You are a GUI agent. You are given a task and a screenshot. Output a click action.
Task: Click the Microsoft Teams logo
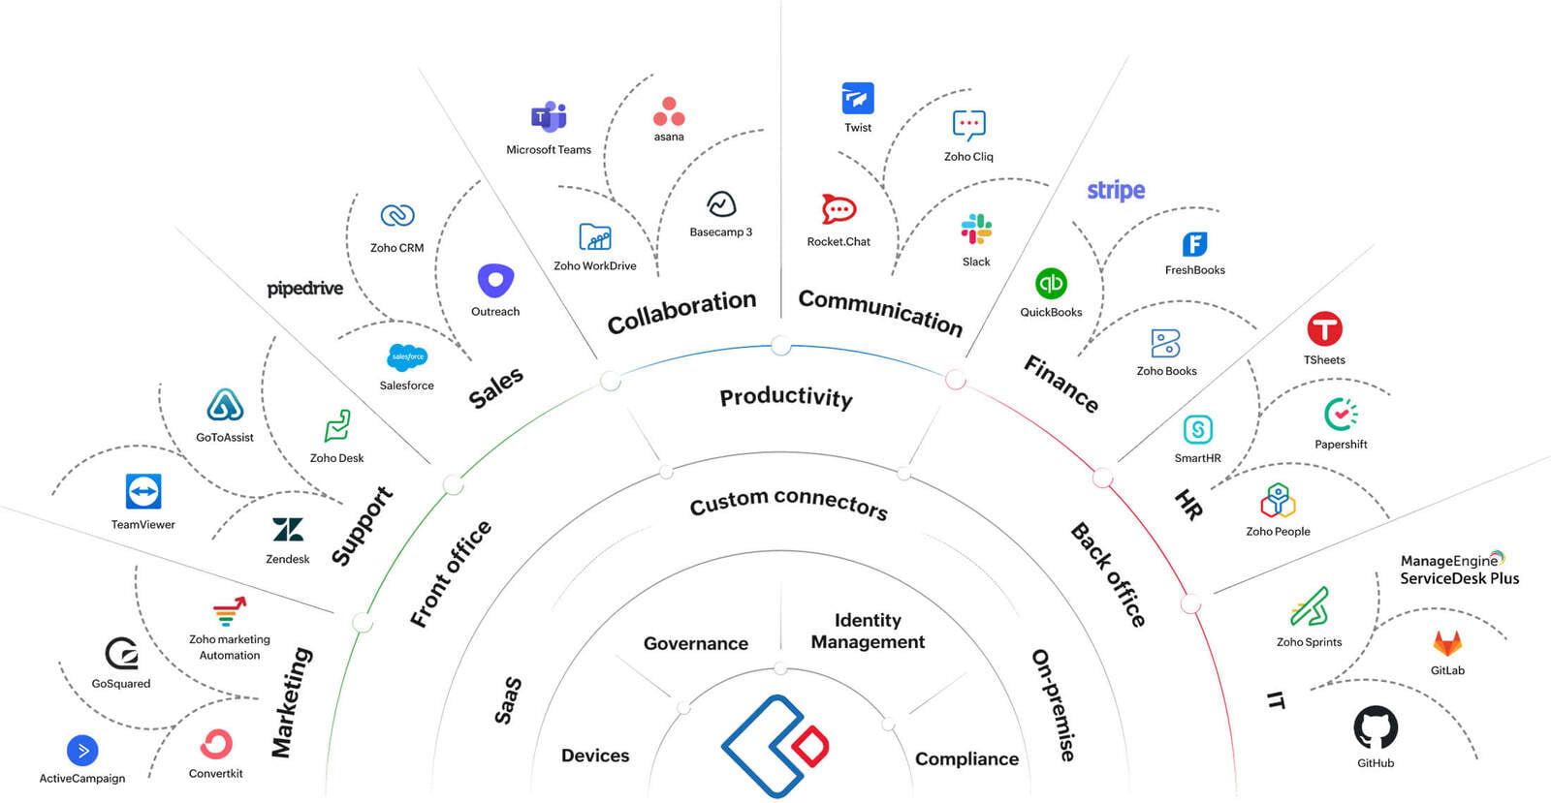(x=549, y=117)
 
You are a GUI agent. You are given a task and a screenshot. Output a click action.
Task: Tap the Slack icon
(x=976, y=230)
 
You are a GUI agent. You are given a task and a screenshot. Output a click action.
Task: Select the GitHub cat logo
(x=1376, y=727)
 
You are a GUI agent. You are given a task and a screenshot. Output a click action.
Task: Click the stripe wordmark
(x=1116, y=190)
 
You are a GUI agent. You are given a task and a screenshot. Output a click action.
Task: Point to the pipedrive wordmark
(x=304, y=289)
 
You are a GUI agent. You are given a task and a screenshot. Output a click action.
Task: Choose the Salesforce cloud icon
(x=407, y=357)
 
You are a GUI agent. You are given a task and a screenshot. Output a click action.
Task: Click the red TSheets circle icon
(x=1324, y=329)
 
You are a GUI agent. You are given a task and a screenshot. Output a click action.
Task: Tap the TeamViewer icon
(x=143, y=491)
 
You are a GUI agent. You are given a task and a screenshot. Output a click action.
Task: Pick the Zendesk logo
(x=288, y=530)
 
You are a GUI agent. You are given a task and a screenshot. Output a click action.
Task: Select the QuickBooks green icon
(x=1051, y=284)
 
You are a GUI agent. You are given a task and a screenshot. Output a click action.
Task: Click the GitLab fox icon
(x=1447, y=643)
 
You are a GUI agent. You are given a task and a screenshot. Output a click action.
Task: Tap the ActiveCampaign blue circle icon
(x=82, y=751)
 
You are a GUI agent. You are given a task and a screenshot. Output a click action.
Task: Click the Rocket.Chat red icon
(x=839, y=209)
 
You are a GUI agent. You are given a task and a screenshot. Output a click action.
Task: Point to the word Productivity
(x=786, y=396)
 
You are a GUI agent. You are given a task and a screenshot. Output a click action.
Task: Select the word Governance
(x=696, y=643)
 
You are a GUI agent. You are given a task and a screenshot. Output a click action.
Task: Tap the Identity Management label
(x=868, y=631)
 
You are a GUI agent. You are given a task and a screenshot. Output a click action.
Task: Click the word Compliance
(x=966, y=758)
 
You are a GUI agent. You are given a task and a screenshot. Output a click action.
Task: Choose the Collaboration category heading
(x=681, y=312)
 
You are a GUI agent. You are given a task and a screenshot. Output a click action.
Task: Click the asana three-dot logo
(x=669, y=111)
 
